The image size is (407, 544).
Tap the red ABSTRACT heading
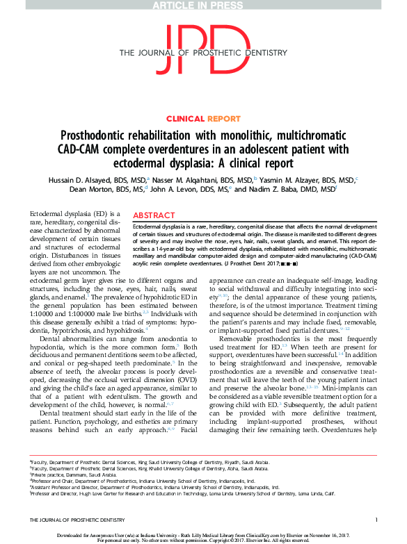coord(153,215)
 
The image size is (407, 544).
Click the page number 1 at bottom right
coord(376,520)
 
